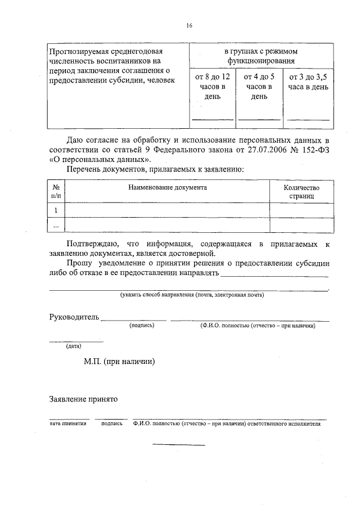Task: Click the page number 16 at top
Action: point(189,26)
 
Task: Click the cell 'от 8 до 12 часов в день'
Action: point(212,86)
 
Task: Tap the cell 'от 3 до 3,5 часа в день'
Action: point(308,82)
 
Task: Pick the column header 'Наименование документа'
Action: point(168,187)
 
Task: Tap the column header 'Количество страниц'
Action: point(301,192)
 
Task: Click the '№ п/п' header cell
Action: point(56,192)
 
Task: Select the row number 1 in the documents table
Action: point(56,210)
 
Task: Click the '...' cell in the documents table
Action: point(56,225)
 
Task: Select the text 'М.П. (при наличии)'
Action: point(119,362)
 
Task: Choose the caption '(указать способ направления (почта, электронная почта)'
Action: point(192,295)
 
